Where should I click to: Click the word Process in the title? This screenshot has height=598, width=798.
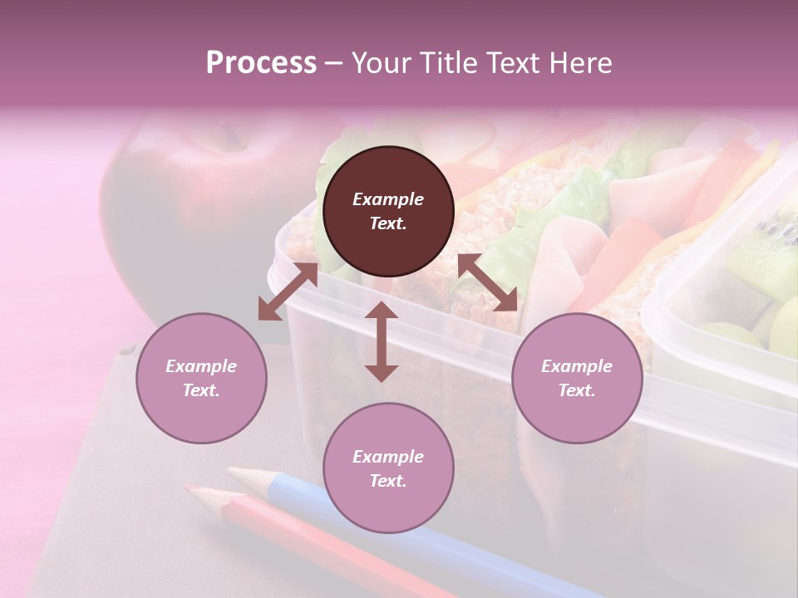click(261, 63)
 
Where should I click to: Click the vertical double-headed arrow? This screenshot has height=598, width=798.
click(382, 341)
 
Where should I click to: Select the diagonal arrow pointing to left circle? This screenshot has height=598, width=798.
click(288, 292)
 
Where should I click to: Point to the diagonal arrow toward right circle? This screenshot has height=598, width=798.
click(488, 282)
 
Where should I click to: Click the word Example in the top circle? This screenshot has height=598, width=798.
click(388, 199)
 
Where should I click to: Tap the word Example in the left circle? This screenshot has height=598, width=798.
click(201, 366)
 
